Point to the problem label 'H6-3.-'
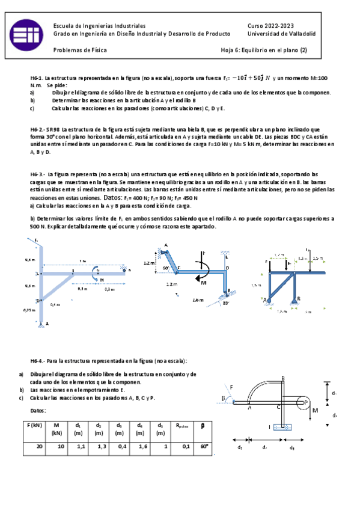[x=40, y=173]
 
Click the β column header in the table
[x=203, y=425]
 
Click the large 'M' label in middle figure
[x=203, y=283]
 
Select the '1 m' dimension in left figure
[x=82, y=261]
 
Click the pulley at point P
[x=304, y=401]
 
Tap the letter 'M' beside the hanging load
[x=315, y=411]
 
